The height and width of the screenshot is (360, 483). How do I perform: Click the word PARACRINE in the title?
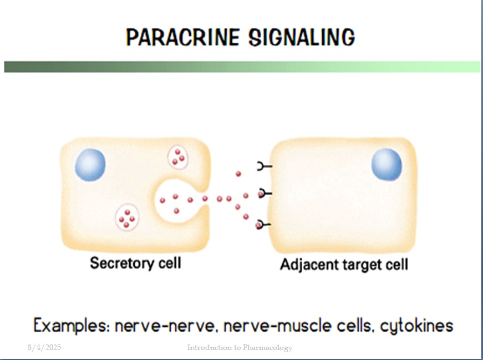point(182,37)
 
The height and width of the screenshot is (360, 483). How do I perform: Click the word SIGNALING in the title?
point(302,37)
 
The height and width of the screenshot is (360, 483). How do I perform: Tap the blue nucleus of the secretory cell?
point(90,165)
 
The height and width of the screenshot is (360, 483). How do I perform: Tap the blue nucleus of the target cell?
point(387,164)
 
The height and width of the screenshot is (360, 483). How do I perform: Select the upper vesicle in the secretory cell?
point(178,157)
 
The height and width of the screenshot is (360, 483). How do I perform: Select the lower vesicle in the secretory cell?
point(127,217)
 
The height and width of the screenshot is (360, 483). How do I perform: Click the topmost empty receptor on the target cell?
point(265,166)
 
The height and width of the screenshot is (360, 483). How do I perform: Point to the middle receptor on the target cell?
point(265,194)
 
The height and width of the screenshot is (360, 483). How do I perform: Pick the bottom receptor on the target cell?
point(263,225)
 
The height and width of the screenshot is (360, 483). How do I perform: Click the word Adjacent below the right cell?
point(309,265)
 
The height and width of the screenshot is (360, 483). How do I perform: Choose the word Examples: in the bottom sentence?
point(72,326)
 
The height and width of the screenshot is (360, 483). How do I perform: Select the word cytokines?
point(417,326)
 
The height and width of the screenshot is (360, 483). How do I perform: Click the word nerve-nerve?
point(165,326)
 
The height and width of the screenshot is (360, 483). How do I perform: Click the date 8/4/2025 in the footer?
point(44,348)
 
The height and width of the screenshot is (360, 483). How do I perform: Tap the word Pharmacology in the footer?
point(267,348)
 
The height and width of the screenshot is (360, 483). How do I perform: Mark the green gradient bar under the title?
point(242,67)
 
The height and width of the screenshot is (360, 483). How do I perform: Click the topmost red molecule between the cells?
point(238,174)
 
